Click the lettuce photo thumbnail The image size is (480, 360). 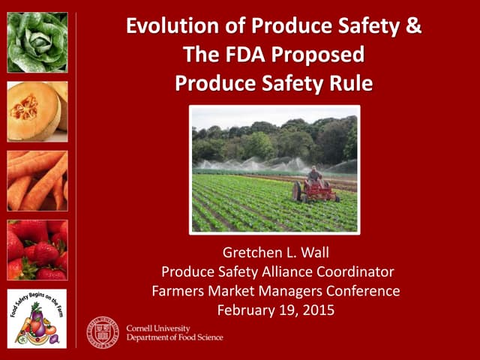(37, 41)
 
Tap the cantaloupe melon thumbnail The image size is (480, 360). (37, 111)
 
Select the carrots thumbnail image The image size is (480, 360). (37, 180)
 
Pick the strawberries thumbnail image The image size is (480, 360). (37, 250)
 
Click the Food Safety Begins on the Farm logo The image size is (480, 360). (37, 318)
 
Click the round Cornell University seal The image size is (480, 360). (102, 331)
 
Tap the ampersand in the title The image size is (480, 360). (413, 27)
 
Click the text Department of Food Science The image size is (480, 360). (174, 337)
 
